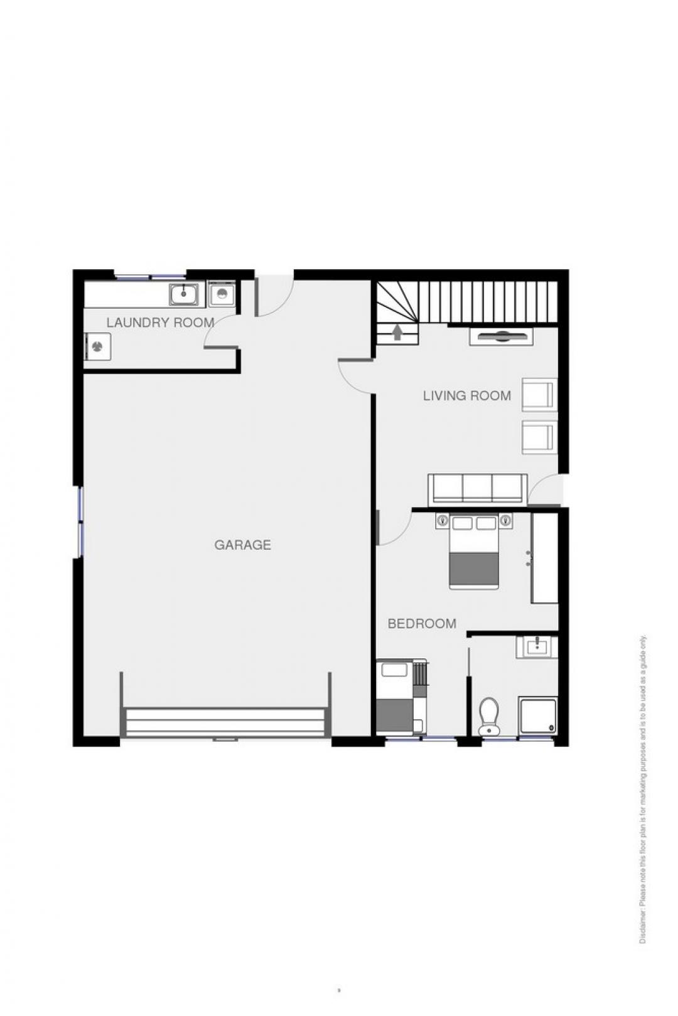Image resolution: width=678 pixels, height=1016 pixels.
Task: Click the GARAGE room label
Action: click(242, 545)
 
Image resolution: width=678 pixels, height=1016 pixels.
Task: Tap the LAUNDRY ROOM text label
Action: click(160, 323)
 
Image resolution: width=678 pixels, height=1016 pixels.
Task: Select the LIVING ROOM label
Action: click(467, 396)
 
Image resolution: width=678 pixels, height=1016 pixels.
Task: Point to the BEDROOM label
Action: click(422, 624)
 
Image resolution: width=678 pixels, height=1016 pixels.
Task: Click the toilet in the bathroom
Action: click(489, 716)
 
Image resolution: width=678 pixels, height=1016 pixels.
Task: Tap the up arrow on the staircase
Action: click(397, 333)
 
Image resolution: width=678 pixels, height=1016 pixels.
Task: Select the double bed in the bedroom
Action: click(474, 552)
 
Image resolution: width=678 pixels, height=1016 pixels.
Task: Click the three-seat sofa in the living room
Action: click(477, 488)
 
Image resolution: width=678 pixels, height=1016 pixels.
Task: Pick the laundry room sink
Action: click(184, 294)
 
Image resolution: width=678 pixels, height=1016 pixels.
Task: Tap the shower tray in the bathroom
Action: click(538, 717)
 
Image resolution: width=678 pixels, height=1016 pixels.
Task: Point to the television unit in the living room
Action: click(501, 336)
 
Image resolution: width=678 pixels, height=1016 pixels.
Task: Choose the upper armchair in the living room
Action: click(540, 395)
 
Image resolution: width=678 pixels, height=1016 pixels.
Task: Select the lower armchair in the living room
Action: click(540, 437)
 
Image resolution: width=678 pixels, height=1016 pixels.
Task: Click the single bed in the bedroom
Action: click(395, 697)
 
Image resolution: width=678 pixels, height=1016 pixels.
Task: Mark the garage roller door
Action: click(225, 721)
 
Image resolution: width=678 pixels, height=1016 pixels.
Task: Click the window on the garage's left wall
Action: click(81, 521)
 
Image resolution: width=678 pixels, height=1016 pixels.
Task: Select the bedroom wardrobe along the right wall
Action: click(544, 558)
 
